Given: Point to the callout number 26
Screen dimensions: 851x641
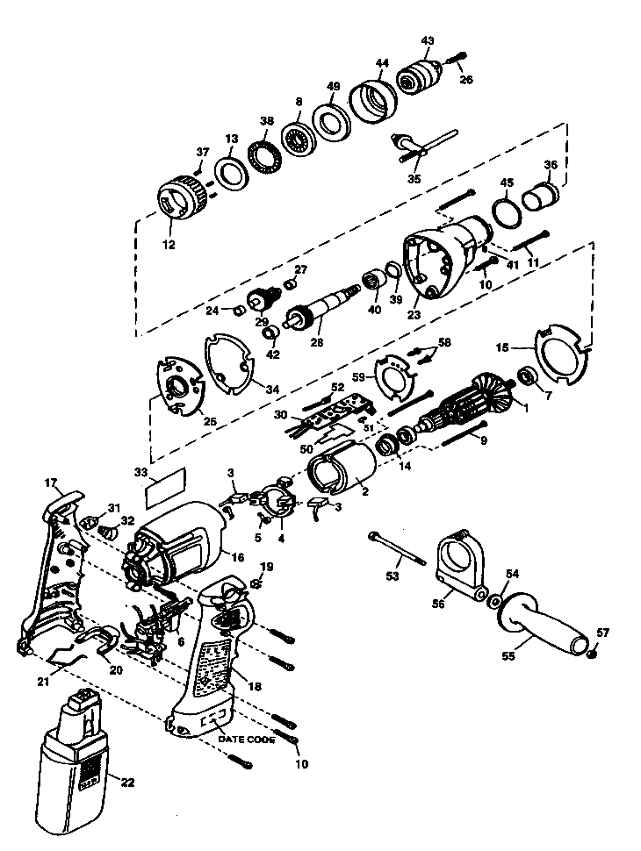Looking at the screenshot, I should click(x=466, y=80).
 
